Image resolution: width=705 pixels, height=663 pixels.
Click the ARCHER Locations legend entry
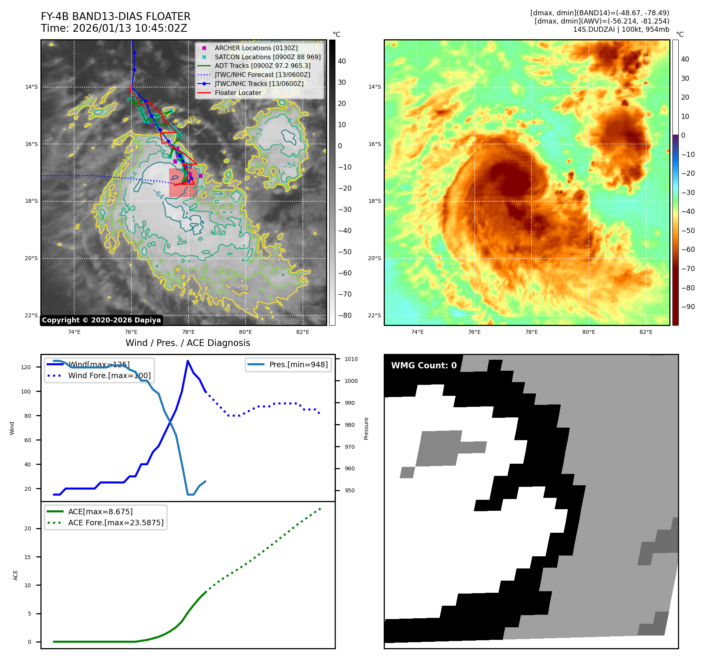tap(256, 48)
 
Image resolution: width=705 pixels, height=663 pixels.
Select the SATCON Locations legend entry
tap(267, 57)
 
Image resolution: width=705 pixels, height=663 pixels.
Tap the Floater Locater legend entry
tap(238, 93)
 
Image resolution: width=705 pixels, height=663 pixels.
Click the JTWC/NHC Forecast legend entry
tap(262, 75)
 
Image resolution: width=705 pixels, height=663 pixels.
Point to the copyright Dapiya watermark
tap(101, 320)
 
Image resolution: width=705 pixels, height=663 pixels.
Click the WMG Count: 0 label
tap(424, 366)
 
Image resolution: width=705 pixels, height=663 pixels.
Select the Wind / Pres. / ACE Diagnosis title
tap(188, 343)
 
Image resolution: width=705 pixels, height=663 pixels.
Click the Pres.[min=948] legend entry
tap(298, 364)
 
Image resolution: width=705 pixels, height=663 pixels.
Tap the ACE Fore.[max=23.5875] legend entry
tap(115, 523)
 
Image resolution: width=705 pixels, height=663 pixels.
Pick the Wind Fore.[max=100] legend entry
tap(109, 375)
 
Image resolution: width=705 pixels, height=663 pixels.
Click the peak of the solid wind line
tap(188, 361)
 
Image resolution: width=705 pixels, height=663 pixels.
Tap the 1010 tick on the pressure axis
tap(351, 359)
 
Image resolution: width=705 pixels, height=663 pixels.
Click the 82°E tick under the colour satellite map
tap(646, 332)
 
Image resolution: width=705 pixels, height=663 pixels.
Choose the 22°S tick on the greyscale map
tap(31, 315)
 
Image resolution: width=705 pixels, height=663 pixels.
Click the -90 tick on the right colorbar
tap(688, 307)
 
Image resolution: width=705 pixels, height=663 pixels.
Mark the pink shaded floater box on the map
tap(183, 182)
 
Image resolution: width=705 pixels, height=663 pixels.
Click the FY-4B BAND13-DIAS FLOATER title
tap(115, 16)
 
